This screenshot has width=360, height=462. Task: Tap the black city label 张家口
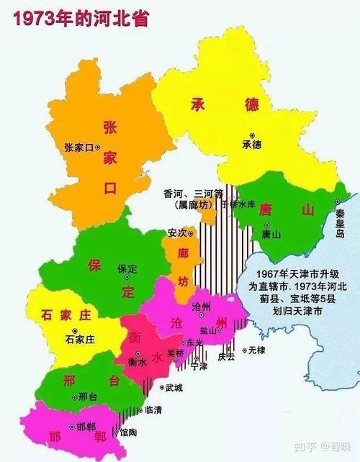point(78,147)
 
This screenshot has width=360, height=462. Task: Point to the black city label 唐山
point(271,234)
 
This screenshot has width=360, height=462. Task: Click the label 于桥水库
point(238,204)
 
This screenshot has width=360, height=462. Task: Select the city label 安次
point(176,233)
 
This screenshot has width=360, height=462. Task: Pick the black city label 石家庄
point(80,338)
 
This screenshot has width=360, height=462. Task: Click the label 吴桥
point(175,353)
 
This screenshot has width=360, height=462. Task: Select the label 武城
point(174,388)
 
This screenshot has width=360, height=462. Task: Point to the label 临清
point(153,409)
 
